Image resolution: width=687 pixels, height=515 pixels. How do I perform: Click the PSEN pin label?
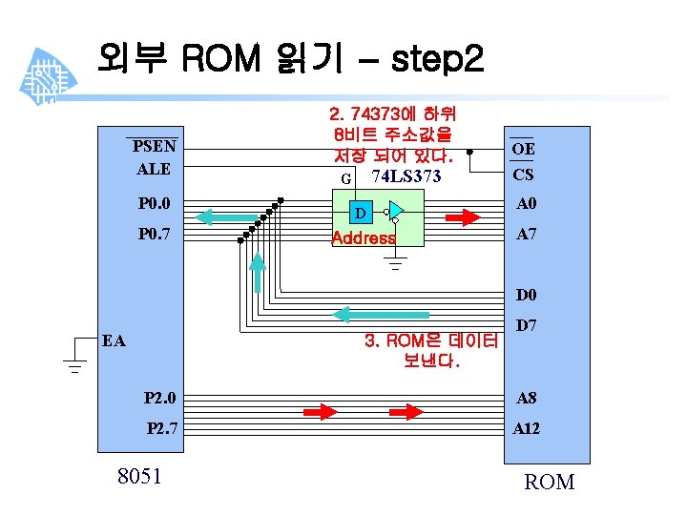pos(154,146)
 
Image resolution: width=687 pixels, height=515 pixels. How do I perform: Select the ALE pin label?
pos(154,169)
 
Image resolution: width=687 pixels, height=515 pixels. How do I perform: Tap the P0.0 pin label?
pos(154,203)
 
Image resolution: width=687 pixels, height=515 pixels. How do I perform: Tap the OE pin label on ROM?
pos(523,149)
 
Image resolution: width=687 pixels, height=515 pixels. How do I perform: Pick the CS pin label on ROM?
pos(523,175)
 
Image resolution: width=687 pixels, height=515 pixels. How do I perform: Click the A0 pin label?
pos(527,203)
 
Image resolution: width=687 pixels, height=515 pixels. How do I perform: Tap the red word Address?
pos(363,238)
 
